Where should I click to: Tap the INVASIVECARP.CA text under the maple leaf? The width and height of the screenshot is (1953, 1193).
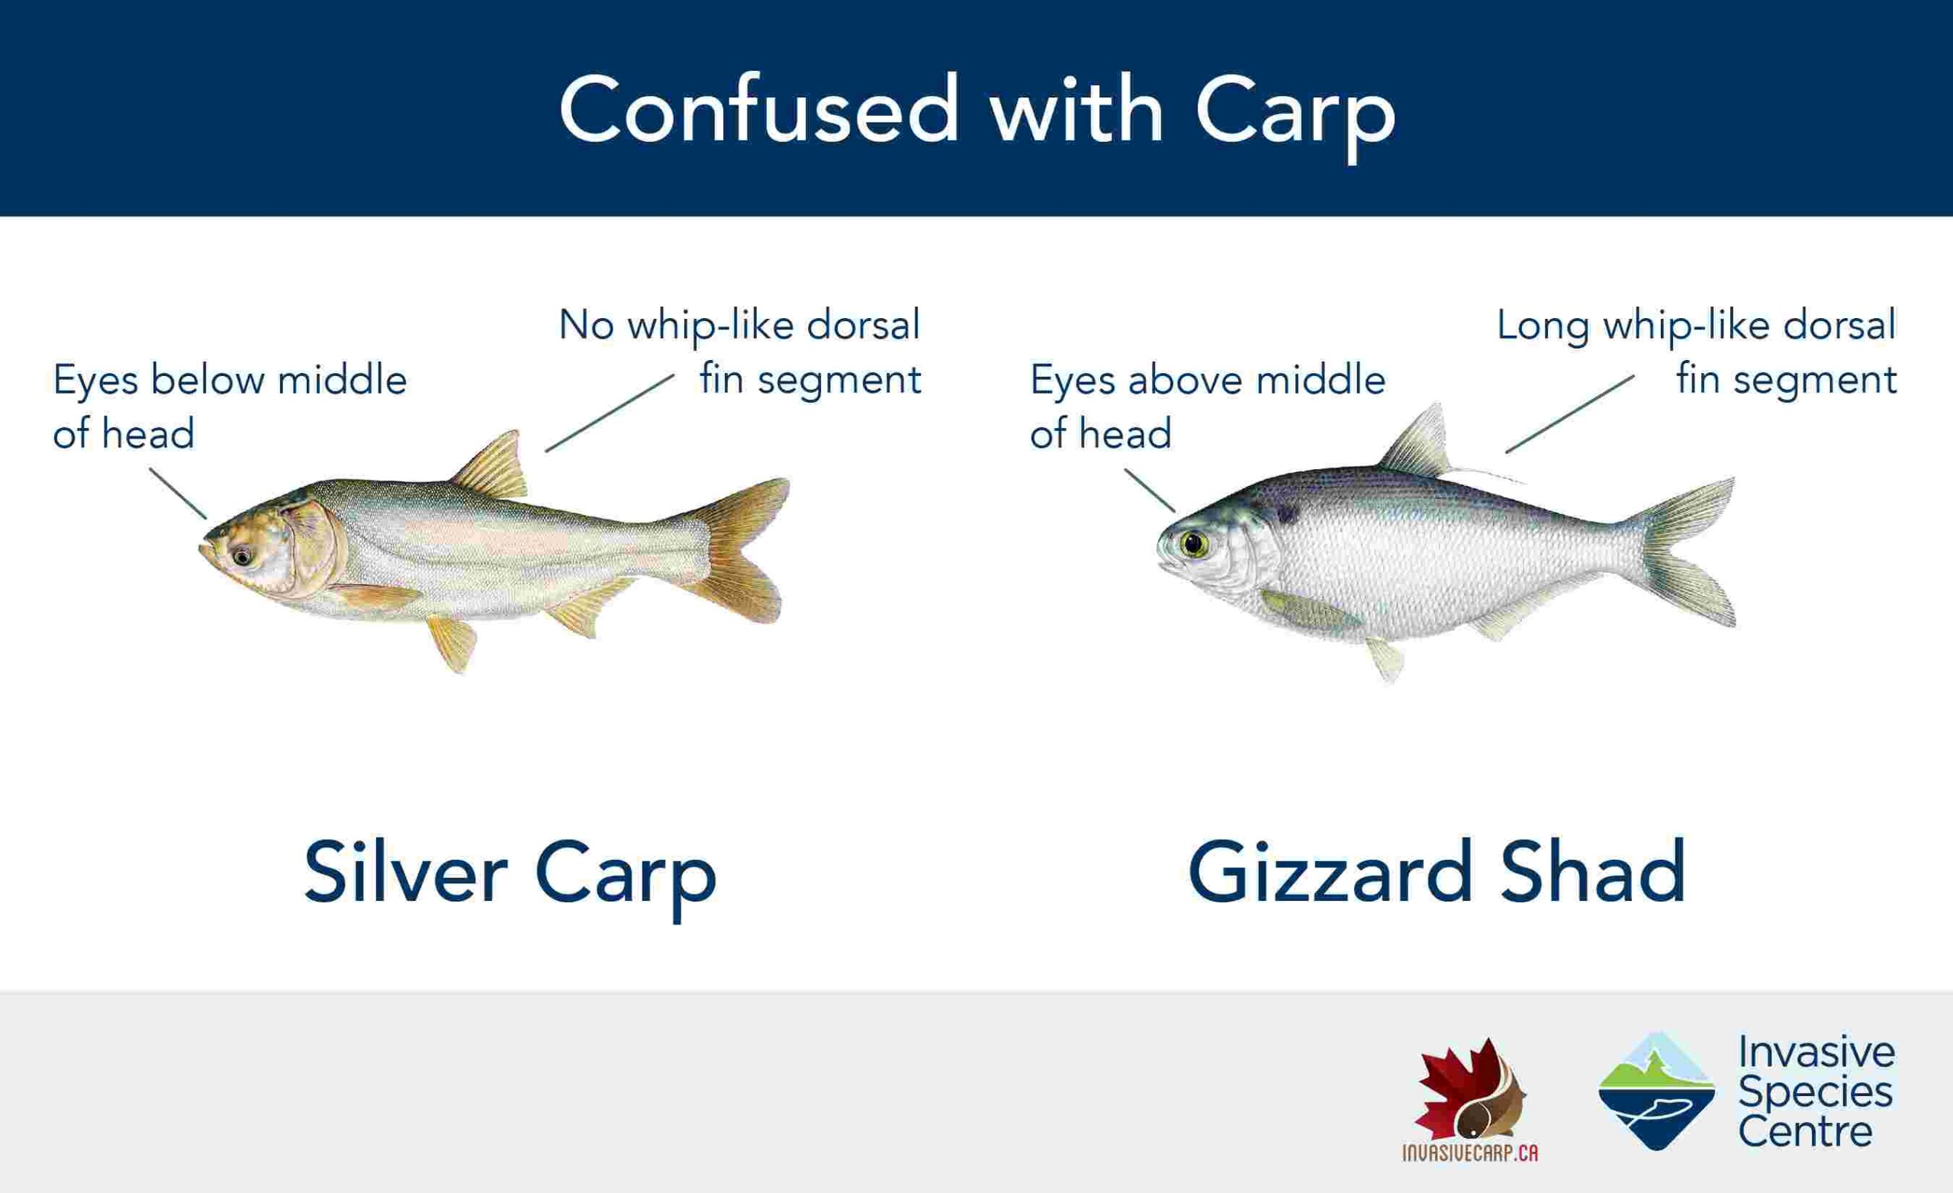1470,1153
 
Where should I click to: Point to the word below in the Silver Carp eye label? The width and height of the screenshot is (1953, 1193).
209,381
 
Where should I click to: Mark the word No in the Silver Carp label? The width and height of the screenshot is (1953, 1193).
587,324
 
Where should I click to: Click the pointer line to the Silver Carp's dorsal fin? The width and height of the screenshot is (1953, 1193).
610,413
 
